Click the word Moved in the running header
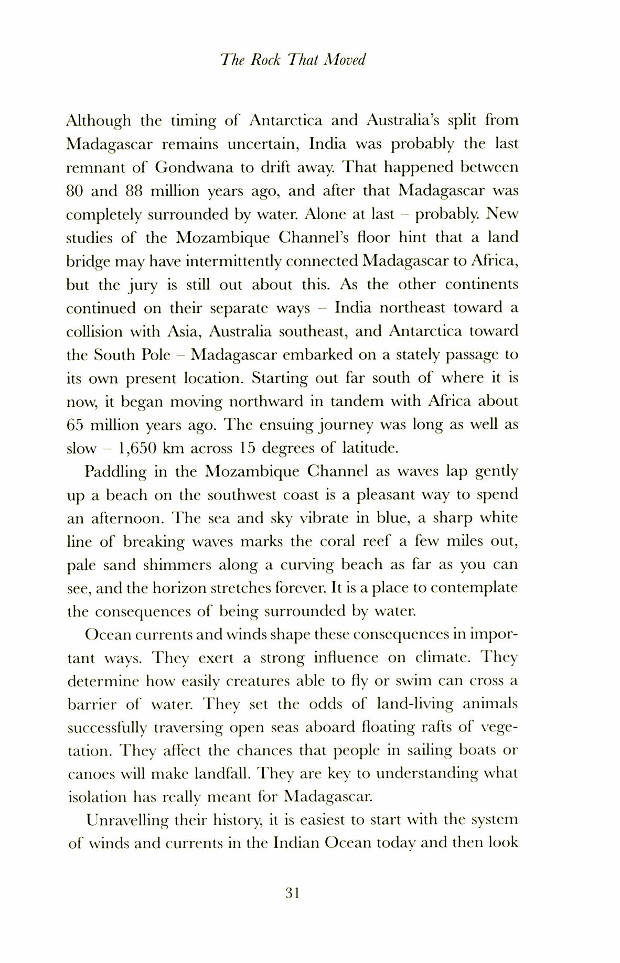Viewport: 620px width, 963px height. click(x=344, y=60)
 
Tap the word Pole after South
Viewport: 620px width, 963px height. click(x=156, y=355)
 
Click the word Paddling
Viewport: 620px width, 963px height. click(x=116, y=472)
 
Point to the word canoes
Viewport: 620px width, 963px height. click(x=90, y=774)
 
